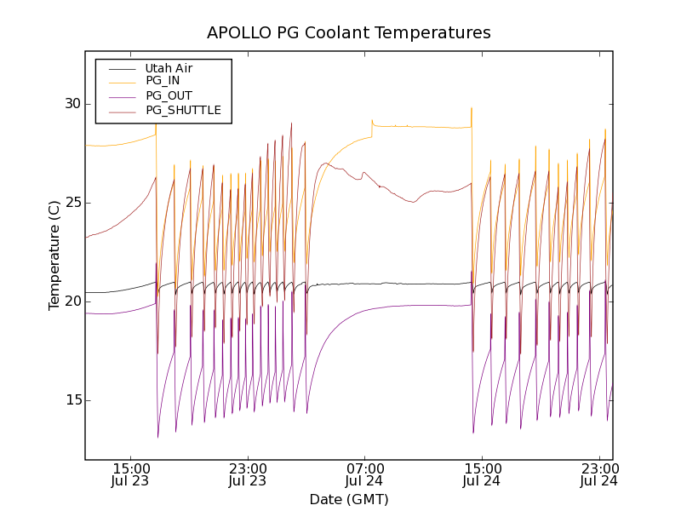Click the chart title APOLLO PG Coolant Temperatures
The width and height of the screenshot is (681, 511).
(349, 33)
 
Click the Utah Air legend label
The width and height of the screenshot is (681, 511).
(169, 68)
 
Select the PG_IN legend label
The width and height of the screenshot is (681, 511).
(163, 81)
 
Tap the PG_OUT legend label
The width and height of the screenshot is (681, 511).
(169, 95)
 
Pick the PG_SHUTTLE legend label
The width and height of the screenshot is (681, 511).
(183, 110)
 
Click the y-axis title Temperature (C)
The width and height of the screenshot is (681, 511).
(54, 255)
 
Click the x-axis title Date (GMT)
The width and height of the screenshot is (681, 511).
(349, 499)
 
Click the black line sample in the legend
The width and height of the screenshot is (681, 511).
(122, 68)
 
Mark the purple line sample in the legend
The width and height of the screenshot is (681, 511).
(122, 95)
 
